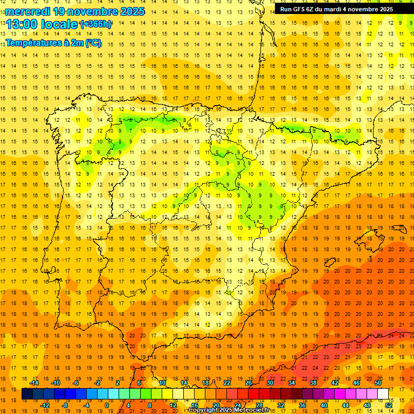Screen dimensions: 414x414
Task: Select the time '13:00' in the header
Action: click(x=21, y=24)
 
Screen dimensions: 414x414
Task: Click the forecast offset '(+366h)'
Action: click(x=95, y=24)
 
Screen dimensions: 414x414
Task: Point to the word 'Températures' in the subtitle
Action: click(x=34, y=43)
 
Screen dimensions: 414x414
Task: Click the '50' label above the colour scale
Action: click(x=378, y=383)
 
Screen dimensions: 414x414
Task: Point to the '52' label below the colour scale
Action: click(x=389, y=405)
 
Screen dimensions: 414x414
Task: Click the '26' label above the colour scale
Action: click(x=249, y=383)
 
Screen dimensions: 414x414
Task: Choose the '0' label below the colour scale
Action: click(x=106, y=405)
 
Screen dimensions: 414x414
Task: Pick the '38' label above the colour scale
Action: click(x=313, y=383)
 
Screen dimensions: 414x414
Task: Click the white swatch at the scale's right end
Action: click(x=383, y=394)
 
